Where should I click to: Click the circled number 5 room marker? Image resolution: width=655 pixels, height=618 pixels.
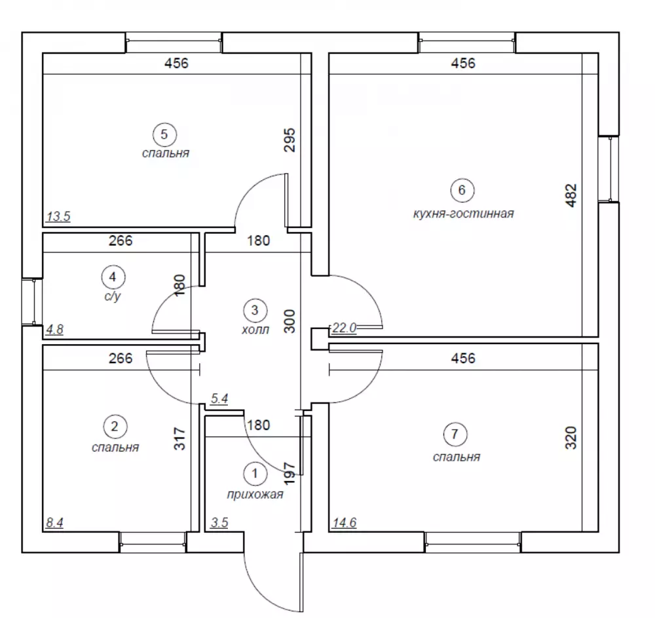pyautogui.click(x=164, y=134)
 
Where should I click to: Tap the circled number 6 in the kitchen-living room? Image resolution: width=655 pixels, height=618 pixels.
pyautogui.click(x=462, y=190)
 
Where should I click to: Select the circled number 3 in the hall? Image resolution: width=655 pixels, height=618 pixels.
pyautogui.click(x=255, y=310)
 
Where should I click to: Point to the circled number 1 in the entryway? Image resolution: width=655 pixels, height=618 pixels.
pyautogui.click(x=255, y=473)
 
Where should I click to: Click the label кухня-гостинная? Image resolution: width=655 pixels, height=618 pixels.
pyautogui.click(x=463, y=214)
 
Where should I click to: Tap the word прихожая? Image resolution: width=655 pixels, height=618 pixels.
pyautogui.click(x=255, y=494)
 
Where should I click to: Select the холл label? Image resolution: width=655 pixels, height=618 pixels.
pyautogui.click(x=255, y=330)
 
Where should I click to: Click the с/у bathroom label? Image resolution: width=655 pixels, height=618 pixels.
pyautogui.click(x=113, y=296)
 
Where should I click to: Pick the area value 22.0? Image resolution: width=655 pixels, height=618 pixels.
pyautogui.click(x=345, y=328)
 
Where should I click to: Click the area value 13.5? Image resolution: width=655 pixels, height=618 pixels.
pyautogui.click(x=58, y=216)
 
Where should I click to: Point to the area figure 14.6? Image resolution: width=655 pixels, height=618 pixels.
pyautogui.click(x=345, y=523)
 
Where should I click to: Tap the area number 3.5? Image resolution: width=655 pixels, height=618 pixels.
pyautogui.click(x=219, y=523)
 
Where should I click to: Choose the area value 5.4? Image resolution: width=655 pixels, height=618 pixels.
pyautogui.click(x=219, y=398)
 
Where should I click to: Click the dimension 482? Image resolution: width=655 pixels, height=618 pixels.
pyautogui.click(x=571, y=195)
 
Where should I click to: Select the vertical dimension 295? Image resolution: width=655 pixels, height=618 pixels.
pyautogui.click(x=289, y=140)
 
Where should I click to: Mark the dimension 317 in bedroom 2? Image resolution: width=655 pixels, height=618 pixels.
pyautogui.click(x=179, y=438)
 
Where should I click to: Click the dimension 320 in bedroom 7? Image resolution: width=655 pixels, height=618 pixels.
pyautogui.click(x=571, y=438)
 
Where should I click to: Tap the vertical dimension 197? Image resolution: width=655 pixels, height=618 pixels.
pyautogui.click(x=289, y=473)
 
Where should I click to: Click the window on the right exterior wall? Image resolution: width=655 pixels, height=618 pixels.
pyautogui.click(x=609, y=169)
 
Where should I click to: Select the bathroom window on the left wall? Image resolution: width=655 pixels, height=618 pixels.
pyautogui.click(x=32, y=301)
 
